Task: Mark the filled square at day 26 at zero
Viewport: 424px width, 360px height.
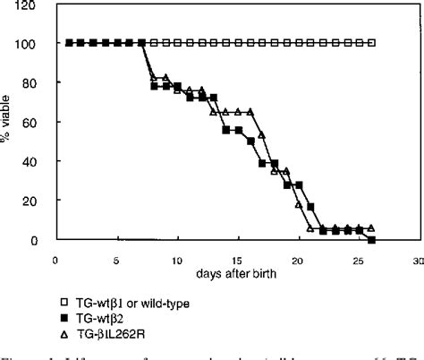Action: (x=371, y=240)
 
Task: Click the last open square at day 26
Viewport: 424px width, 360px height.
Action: (x=371, y=43)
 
